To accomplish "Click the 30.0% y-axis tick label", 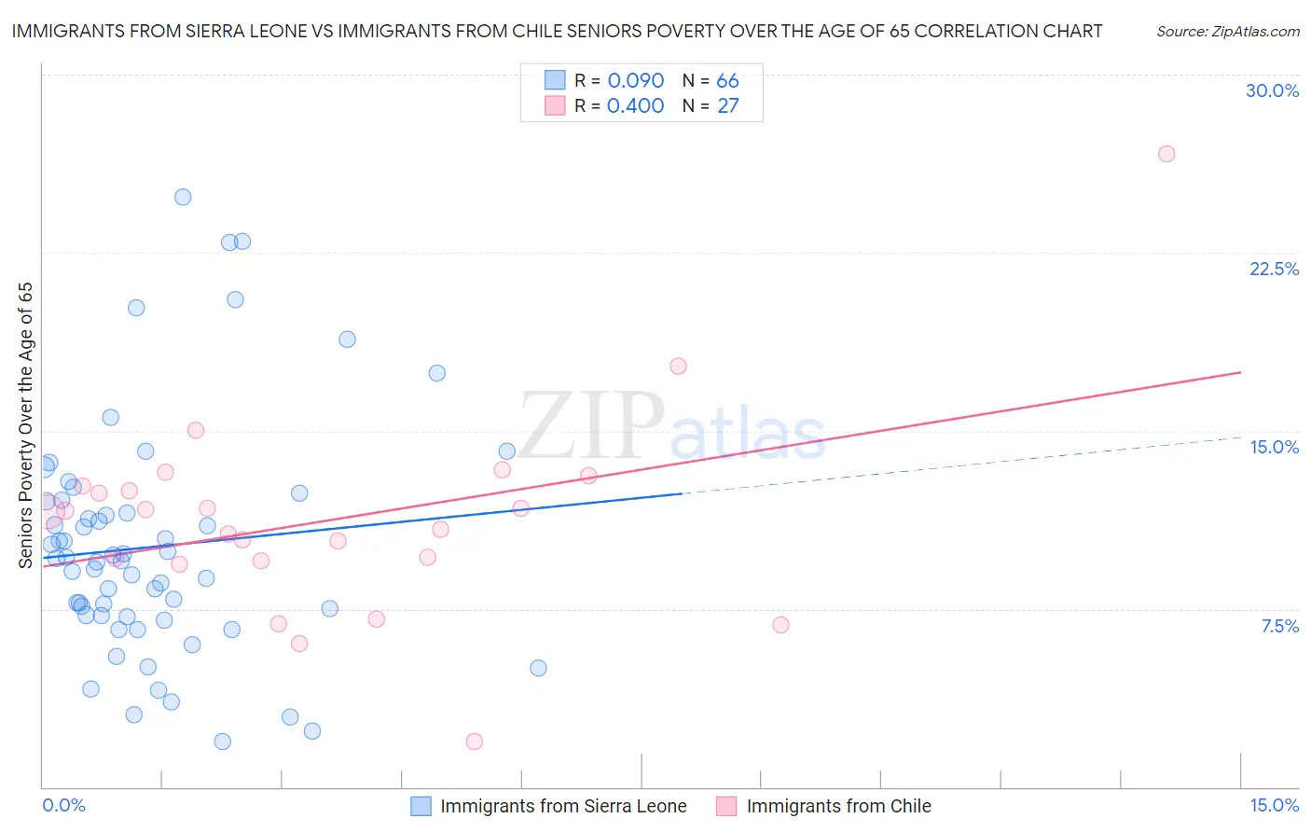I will point(1272,90).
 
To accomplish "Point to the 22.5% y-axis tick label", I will point(1274,269).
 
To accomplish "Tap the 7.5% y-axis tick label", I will point(1279,626).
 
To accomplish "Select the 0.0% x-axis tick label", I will point(63,805).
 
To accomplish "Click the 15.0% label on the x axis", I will point(1274,805).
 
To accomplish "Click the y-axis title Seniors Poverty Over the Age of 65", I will point(25,425).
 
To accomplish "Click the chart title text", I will point(557,31).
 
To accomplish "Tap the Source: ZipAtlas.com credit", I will point(1227,32).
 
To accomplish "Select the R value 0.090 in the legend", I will point(635,80).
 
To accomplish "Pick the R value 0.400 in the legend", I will point(635,105).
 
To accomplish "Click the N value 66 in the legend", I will point(727,80).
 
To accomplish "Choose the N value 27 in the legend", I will point(727,105).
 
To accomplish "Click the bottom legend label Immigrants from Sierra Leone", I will point(563,806).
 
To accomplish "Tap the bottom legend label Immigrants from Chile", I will point(838,806).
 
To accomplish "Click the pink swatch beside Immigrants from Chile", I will point(726,806).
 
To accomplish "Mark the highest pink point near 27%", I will point(1166,154).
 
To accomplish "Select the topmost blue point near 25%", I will point(183,197).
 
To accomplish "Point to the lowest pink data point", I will point(474,742).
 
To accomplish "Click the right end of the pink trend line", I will point(1240,372).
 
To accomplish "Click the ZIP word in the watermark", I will point(592,425).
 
